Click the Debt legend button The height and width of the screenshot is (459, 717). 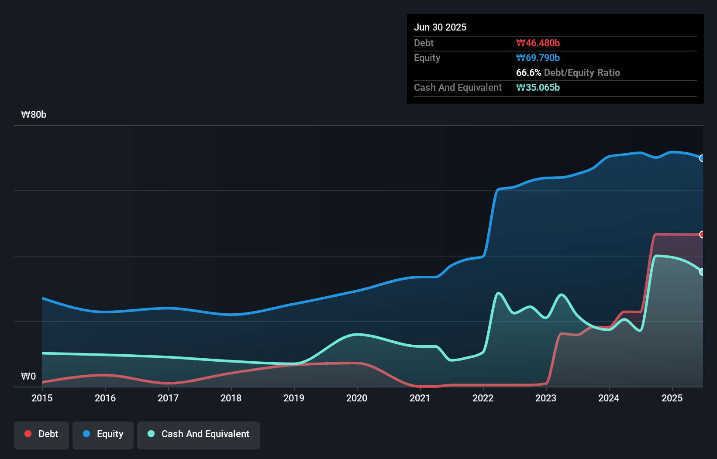[x=41, y=435]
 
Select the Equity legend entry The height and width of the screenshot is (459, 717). [x=103, y=435]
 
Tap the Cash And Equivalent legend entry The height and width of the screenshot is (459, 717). [x=199, y=435]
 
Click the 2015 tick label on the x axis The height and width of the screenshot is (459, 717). [x=42, y=398]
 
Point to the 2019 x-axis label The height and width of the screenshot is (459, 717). [x=294, y=398]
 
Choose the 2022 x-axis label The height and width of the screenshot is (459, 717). [x=483, y=398]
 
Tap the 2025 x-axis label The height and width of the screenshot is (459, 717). [x=672, y=398]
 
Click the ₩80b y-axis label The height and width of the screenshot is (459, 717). [x=34, y=115]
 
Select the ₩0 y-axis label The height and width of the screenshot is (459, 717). [x=28, y=376]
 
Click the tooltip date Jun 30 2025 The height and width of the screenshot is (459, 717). [x=440, y=27]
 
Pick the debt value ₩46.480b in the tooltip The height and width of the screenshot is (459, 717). [x=538, y=43]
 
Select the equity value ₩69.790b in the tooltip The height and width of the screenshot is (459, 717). [x=538, y=58]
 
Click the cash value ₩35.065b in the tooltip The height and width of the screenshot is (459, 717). [x=538, y=88]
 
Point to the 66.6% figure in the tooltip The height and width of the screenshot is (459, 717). [x=528, y=73]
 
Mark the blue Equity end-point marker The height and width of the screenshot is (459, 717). [x=702, y=158]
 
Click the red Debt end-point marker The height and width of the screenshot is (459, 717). [x=702, y=235]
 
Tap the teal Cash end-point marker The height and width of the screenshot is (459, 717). [x=702, y=272]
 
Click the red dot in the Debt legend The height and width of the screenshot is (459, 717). [x=28, y=434]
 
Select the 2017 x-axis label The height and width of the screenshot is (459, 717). [x=168, y=398]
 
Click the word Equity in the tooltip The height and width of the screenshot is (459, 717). [x=427, y=58]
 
